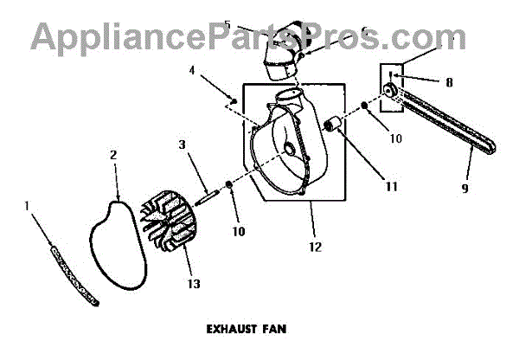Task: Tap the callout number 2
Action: [113, 155]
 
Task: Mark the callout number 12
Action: [315, 247]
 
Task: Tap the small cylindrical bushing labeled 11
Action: [334, 130]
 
